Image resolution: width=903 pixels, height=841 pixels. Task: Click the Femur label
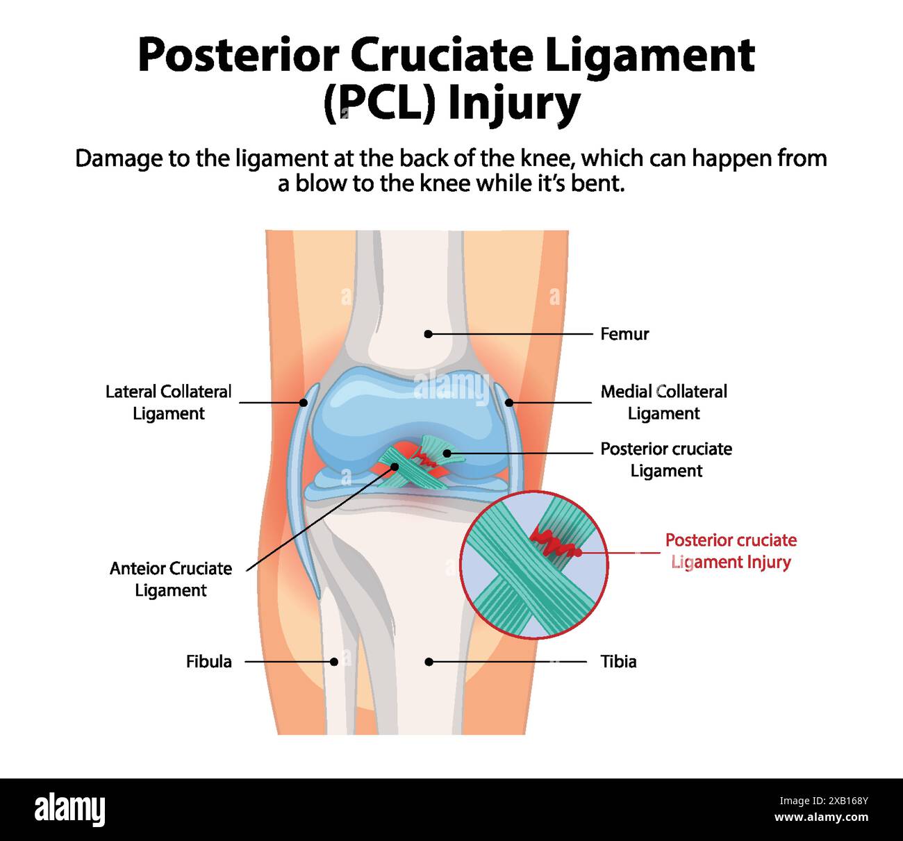[624, 334]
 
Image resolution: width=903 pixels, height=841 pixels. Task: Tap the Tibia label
[618, 661]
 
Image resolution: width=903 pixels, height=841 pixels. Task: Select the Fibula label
[208, 661]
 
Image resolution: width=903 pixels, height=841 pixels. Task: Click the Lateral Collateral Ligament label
[169, 402]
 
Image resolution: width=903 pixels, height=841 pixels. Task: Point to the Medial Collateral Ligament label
[663, 402]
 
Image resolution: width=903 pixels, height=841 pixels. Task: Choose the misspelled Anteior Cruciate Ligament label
[171, 579]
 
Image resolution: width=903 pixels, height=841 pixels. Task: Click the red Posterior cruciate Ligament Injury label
[731, 551]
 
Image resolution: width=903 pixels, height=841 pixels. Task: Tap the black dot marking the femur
[428, 334]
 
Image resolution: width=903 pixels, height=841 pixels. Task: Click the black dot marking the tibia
[429, 662]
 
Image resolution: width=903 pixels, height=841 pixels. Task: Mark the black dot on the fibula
[334, 662]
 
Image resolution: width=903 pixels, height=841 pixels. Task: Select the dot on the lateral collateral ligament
[304, 402]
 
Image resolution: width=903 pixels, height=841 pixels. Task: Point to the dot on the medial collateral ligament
[508, 402]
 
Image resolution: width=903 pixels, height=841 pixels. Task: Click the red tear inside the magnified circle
[556, 544]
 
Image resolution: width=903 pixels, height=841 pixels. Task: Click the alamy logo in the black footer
[69, 810]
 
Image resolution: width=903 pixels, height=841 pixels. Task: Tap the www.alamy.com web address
[822, 818]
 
